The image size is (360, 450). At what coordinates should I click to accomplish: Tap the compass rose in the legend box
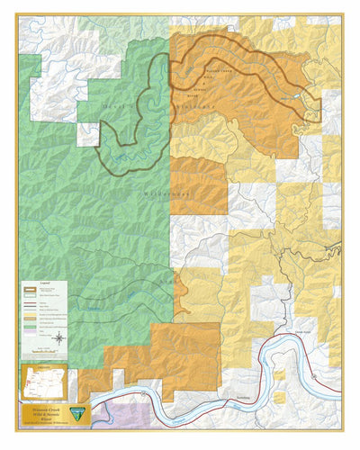[x=58, y=338]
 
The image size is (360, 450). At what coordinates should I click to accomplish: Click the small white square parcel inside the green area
[x=86, y=134]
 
